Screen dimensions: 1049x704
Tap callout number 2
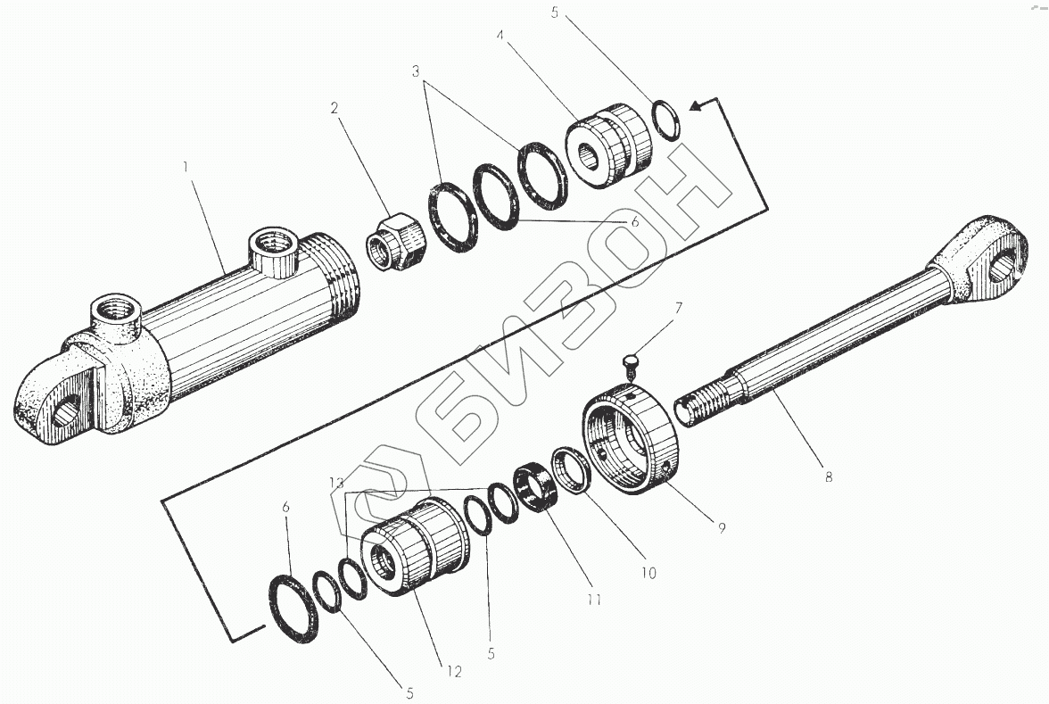click(x=334, y=109)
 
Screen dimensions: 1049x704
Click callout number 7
click(x=678, y=310)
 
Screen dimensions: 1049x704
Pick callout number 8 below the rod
click(x=828, y=476)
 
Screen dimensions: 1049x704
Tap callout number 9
click(x=721, y=527)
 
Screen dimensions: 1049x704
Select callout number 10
click(x=648, y=572)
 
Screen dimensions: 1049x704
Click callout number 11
click(x=592, y=600)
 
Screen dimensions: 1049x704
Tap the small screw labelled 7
click(x=627, y=360)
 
